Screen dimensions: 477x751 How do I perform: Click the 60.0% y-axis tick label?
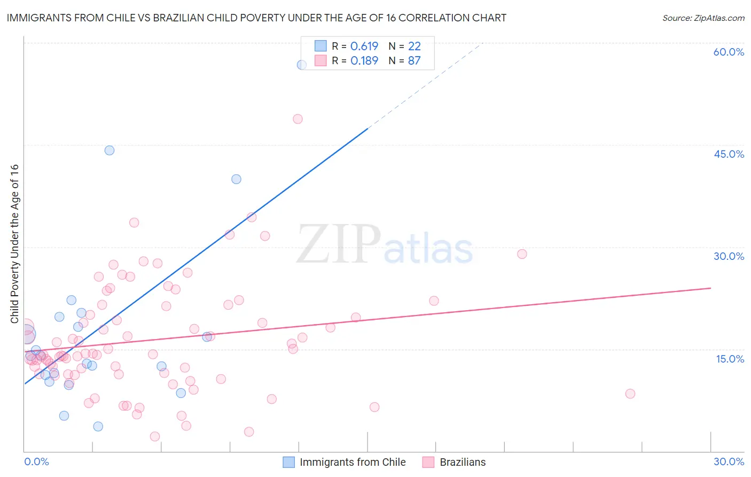729,52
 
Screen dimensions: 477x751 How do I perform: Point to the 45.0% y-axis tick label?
729,154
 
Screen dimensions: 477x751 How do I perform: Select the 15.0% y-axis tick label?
730,359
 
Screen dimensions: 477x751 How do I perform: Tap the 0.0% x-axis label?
36,461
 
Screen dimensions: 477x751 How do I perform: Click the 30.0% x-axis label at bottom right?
729,461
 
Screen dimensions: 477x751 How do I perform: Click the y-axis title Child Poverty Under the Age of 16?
14,243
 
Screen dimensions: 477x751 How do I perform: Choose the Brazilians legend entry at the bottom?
463,462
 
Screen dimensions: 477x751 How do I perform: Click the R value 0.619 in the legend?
364,47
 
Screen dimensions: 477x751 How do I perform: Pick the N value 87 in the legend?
414,61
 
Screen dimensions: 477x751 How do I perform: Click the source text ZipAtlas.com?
719,18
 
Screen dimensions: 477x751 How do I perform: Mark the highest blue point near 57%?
302,65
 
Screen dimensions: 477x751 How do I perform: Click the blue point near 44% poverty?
109,150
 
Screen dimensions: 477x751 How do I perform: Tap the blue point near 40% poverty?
236,179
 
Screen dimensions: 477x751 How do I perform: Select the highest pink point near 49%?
298,119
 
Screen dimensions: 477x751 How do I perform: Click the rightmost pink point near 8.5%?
630,394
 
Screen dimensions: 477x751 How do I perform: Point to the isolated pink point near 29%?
522,254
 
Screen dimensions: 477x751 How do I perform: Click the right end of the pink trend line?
710,288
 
